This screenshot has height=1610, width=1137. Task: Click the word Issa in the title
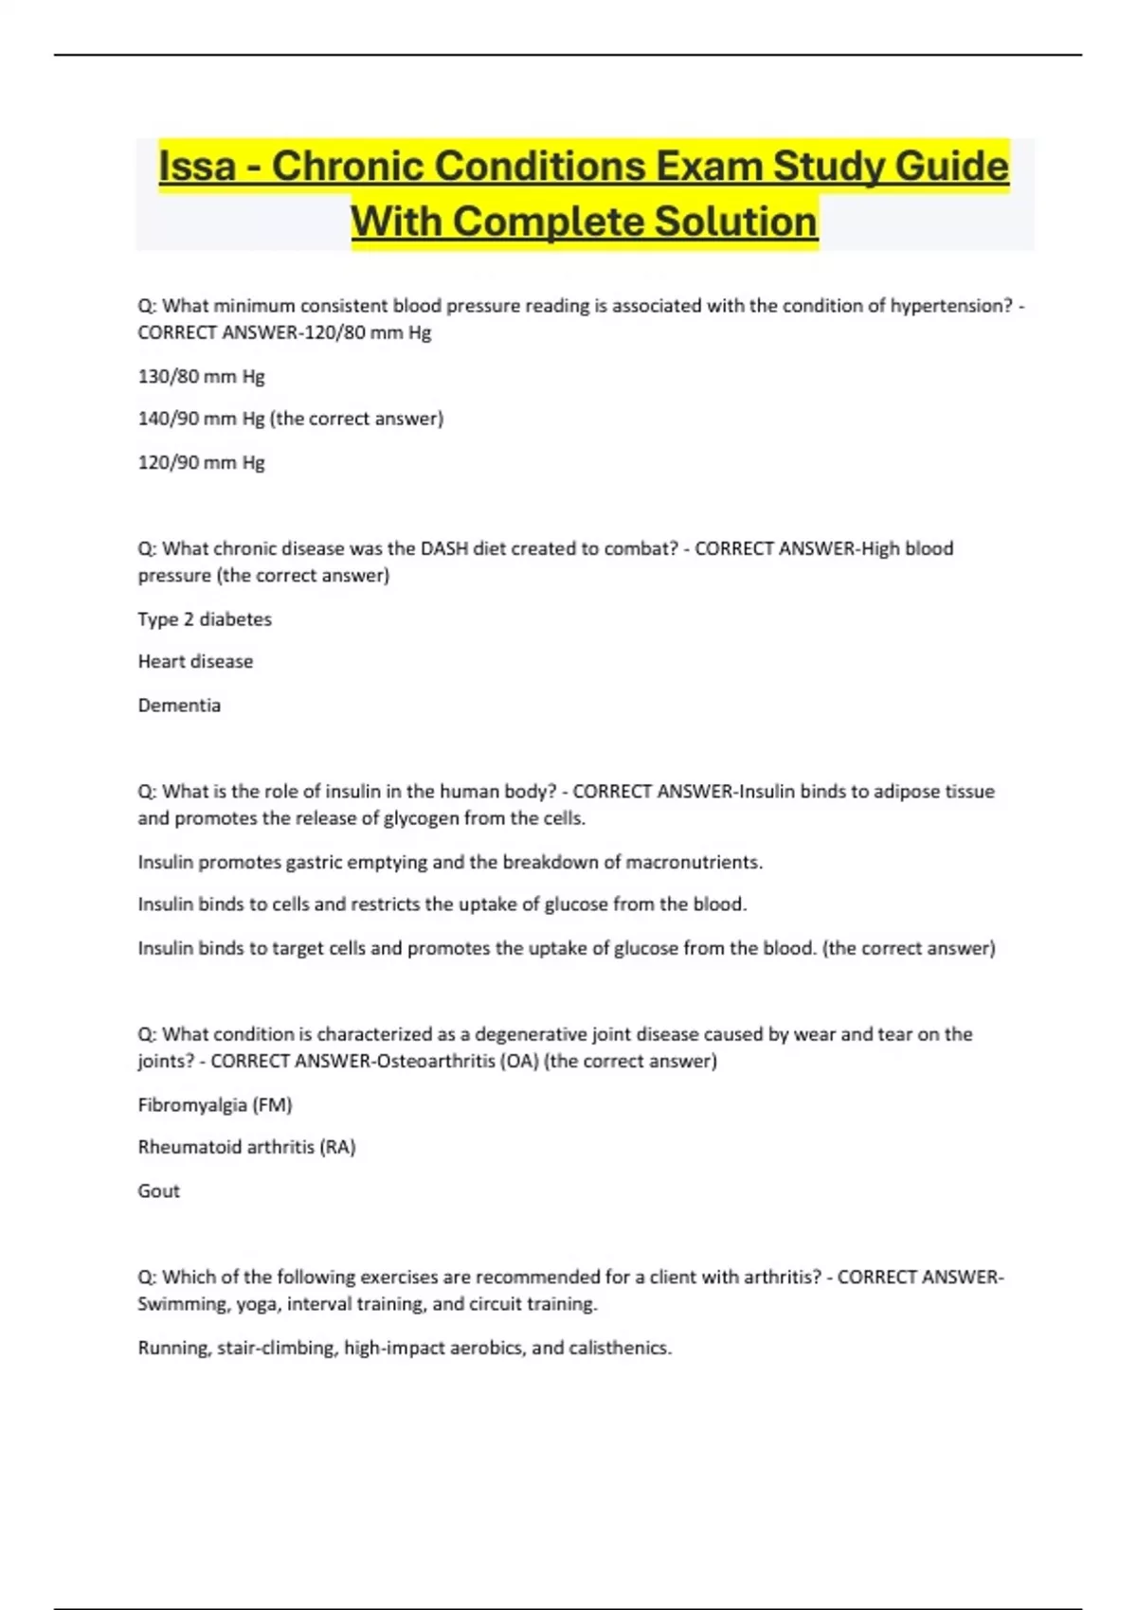(197, 167)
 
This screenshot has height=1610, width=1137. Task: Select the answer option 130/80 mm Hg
(201, 376)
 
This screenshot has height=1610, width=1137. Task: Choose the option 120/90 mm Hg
(201, 462)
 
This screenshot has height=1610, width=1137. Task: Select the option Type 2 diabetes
(205, 619)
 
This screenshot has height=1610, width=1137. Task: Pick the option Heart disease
(195, 661)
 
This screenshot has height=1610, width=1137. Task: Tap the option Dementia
(179, 705)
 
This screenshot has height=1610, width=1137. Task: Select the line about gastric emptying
(450, 862)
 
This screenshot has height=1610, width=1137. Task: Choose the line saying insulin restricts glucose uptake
(442, 904)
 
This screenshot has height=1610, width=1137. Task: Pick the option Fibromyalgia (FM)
(215, 1104)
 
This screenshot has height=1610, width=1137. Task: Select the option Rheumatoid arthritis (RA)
(246, 1147)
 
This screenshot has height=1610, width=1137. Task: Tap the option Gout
(158, 1190)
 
